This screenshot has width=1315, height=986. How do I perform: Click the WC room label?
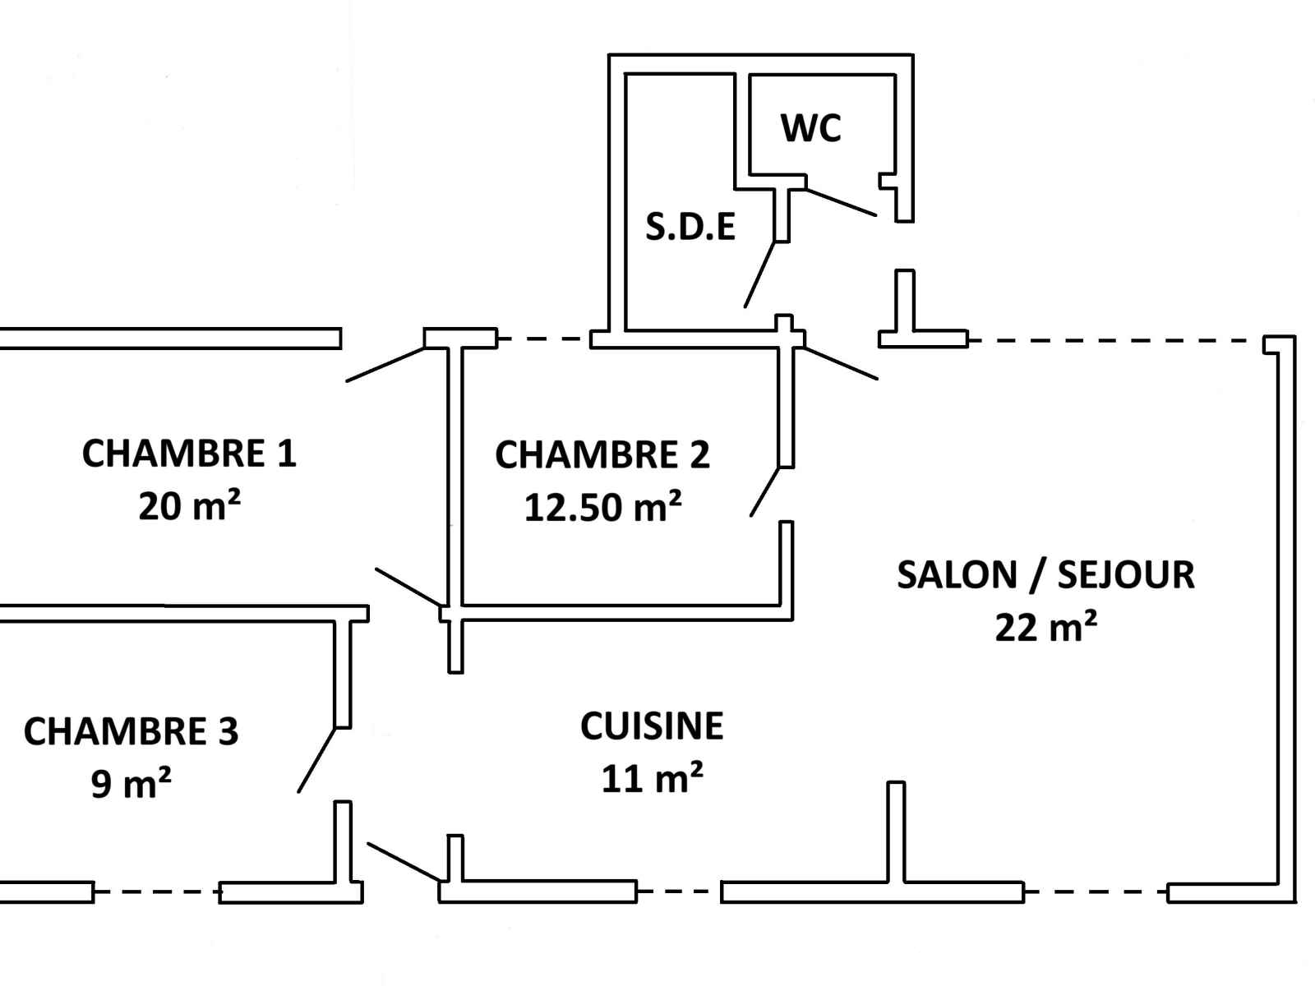pos(810,128)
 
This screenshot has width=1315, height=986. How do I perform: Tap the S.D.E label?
pos(690,227)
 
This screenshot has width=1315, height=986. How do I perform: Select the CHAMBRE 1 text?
pos(189,454)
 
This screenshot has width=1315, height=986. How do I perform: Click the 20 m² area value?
pos(189,506)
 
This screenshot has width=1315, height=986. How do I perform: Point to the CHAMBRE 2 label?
pos(602,455)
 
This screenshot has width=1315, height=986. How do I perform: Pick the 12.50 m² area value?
pos(602,507)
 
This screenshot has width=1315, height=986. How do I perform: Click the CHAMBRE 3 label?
pos(131,731)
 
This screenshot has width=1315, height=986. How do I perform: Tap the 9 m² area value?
pos(131,784)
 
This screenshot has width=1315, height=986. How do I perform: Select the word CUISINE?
pos(652,726)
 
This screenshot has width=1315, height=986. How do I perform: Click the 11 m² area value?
pos(652,778)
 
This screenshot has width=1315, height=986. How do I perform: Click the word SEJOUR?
pos(1125,575)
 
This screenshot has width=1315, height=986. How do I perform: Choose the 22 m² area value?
pos(1045,628)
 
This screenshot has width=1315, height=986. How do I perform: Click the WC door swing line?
pos(842,202)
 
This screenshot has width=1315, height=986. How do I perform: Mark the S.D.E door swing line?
pos(759,274)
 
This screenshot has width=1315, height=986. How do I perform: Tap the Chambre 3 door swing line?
pos(316,760)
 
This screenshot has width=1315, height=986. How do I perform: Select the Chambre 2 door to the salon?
pos(764,491)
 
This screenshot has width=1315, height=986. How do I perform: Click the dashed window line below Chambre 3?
pos(156,892)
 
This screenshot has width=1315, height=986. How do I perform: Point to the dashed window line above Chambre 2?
pos(543,338)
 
